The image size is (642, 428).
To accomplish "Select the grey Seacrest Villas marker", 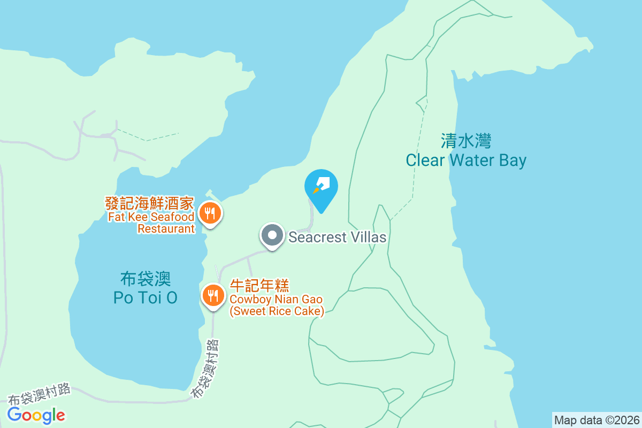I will (x=272, y=235).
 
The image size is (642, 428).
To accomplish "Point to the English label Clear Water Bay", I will (x=466, y=160).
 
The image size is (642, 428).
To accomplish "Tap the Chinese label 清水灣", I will (x=466, y=141).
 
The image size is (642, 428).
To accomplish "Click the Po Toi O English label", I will (x=145, y=297).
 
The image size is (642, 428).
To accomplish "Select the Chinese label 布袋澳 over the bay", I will (x=145, y=279).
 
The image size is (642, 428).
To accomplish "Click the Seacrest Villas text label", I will (x=337, y=237).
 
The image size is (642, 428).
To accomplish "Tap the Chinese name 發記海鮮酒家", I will (x=149, y=204).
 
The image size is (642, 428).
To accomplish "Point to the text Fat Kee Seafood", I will (x=151, y=217).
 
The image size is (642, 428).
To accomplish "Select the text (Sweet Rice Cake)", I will (x=277, y=311).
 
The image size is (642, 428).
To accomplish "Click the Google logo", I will (x=36, y=415).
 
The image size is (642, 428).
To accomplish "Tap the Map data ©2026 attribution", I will (x=597, y=420).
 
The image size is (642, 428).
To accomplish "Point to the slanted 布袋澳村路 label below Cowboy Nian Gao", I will (x=206, y=369).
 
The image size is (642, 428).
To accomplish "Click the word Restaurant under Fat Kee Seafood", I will (x=166, y=228).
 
